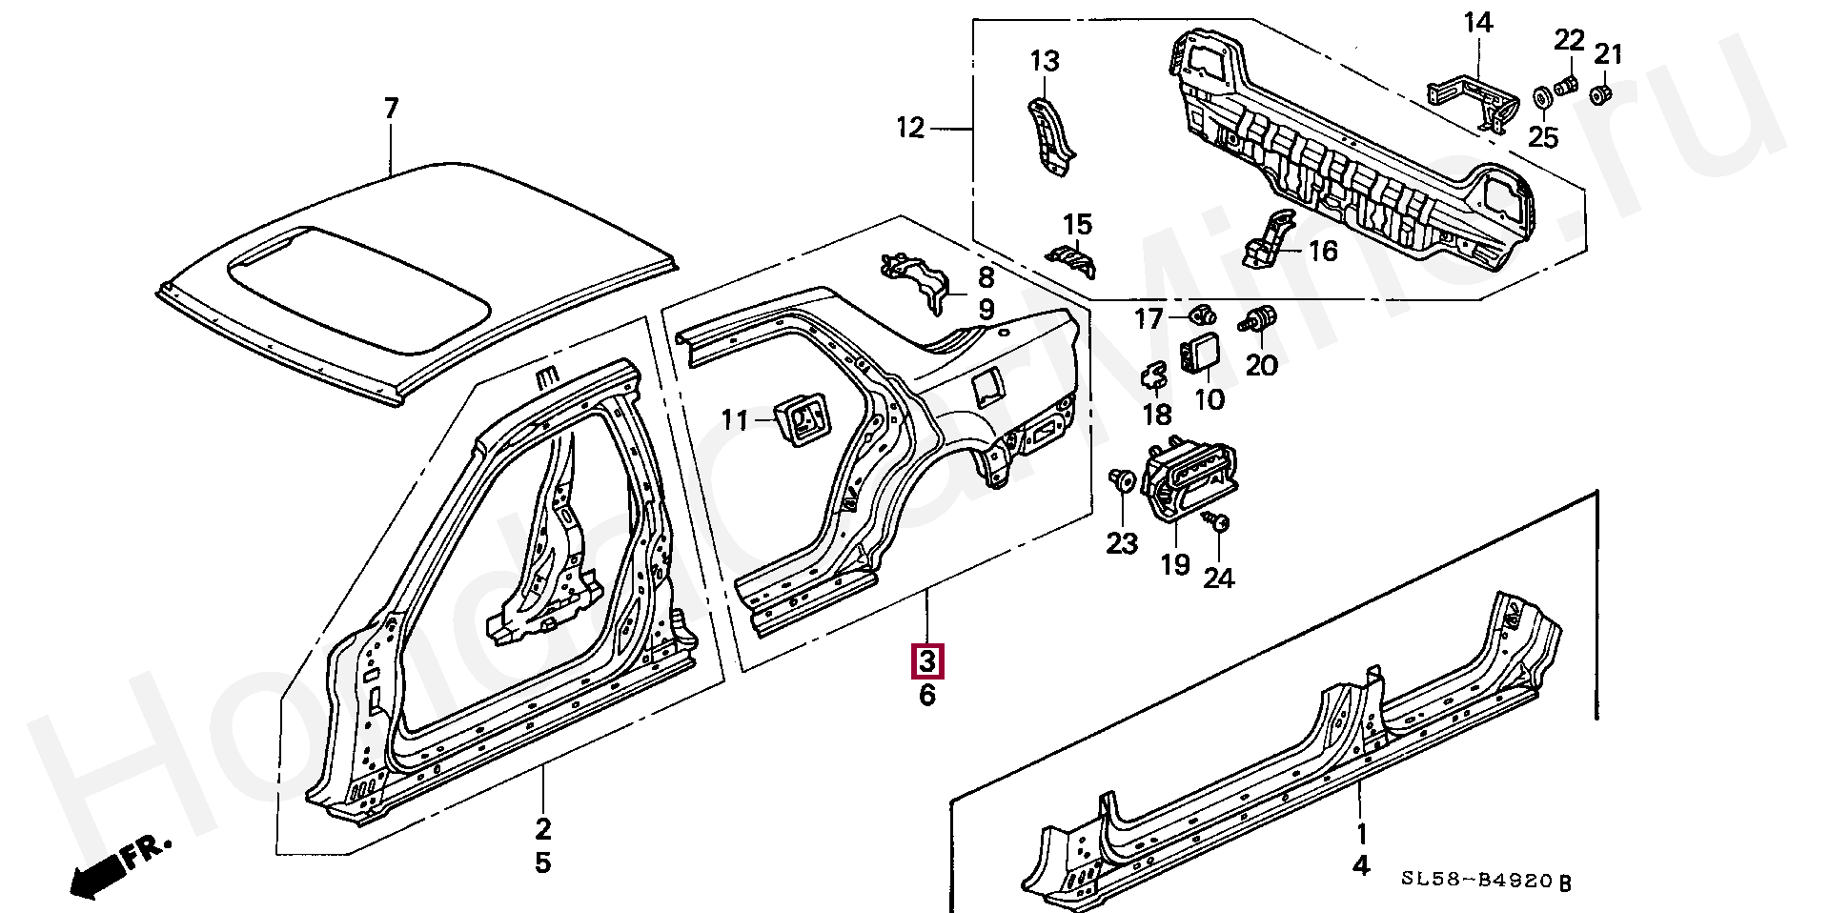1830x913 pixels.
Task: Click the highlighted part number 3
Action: pyautogui.click(x=927, y=660)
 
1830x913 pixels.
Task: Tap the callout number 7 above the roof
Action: pyautogui.click(x=390, y=110)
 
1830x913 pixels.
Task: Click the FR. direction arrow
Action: pyautogui.click(x=122, y=867)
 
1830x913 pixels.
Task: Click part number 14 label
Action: pyautogui.click(x=1478, y=23)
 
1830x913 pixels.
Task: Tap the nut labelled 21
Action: pyautogui.click(x=1601, y=93)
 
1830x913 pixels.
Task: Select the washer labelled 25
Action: pyautogui.click(x=1539, y=98)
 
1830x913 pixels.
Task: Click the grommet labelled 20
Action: pyautogui.click(x=1258, y=319)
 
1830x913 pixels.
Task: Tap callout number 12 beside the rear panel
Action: pyautogui.click(x=910, y=127)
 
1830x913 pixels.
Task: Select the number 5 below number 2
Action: pyautogui.click(x=542, y=863)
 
